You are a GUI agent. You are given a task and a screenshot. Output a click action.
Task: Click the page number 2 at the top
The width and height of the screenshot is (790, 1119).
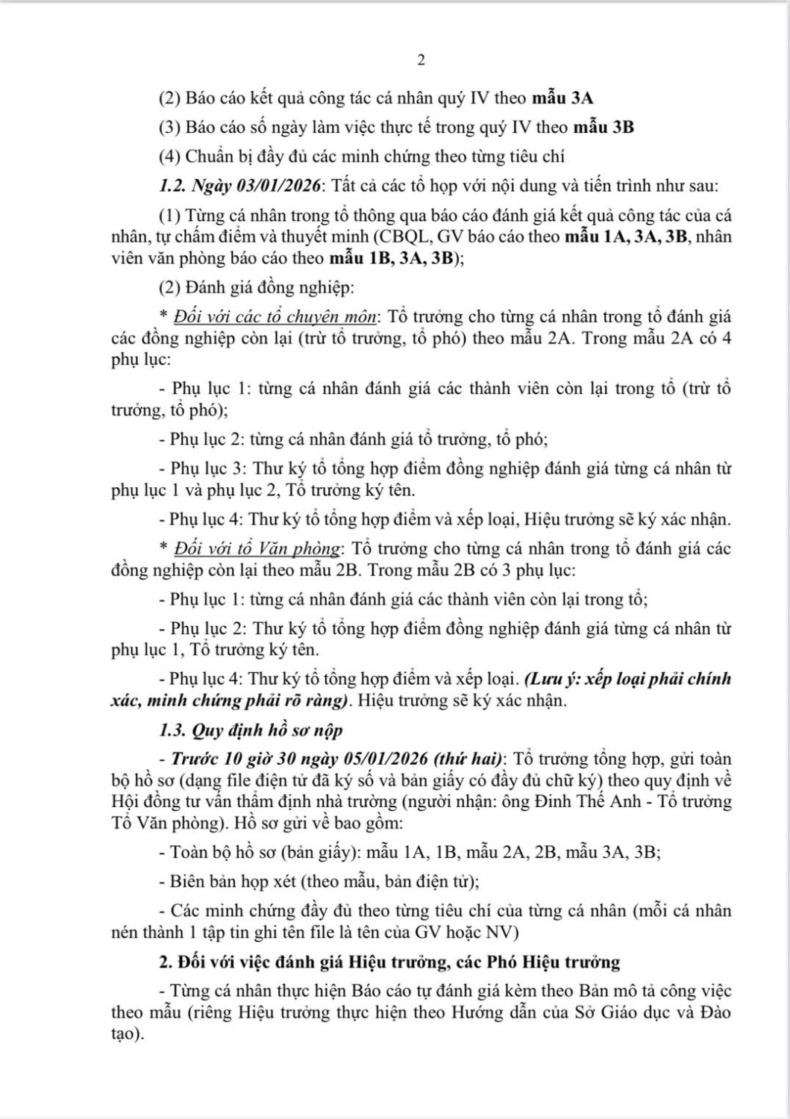coord(421,60)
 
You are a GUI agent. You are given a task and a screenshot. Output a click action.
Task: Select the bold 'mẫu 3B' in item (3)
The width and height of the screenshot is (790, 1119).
coord(604,127)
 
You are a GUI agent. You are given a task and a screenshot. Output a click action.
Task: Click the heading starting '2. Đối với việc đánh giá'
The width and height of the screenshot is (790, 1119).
coord(389,962)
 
